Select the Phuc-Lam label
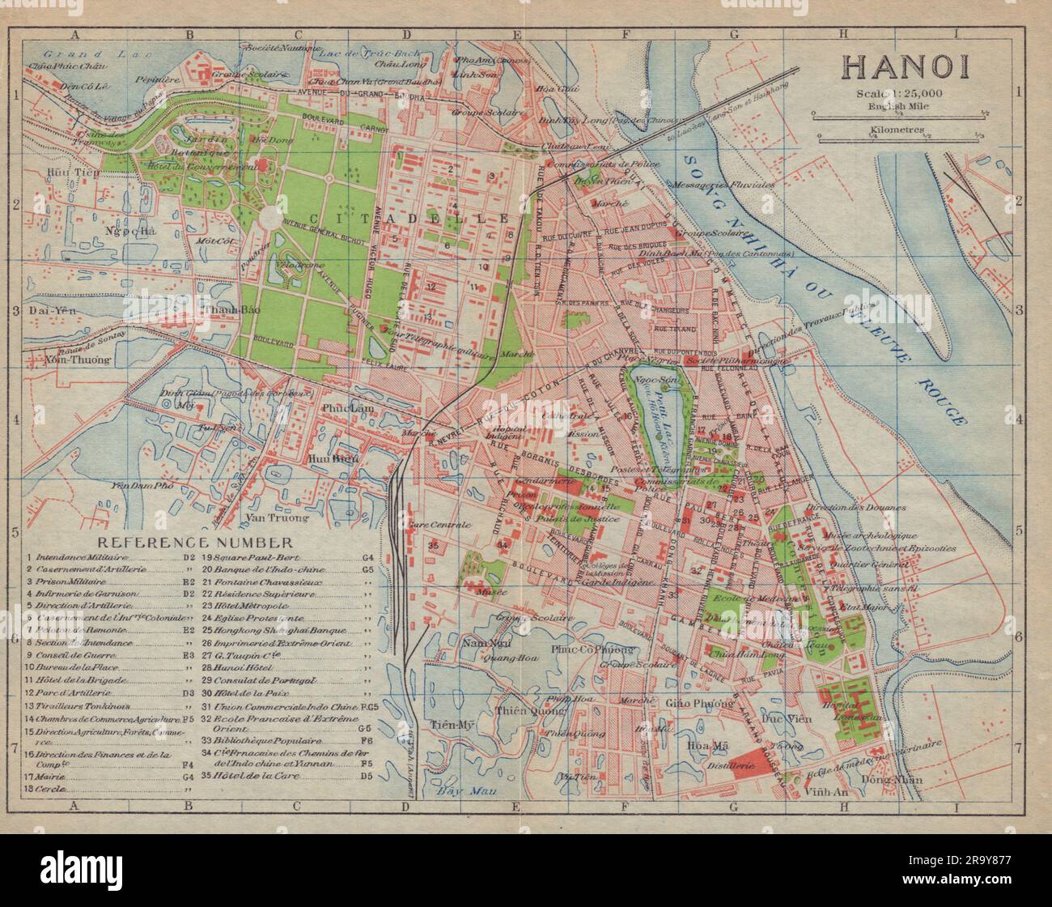pyautogui.click(x=348, y=408)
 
